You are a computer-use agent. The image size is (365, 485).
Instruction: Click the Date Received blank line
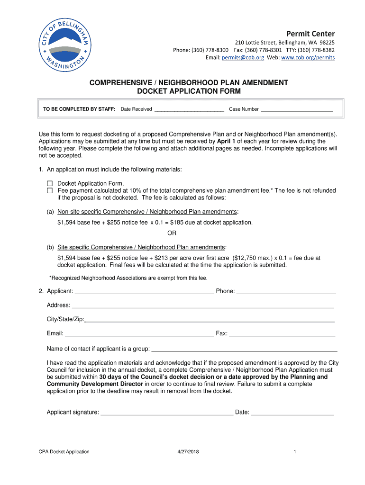click(189, 109)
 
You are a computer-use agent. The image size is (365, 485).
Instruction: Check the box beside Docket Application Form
click(50, 183)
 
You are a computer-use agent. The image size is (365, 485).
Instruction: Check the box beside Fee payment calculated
click(50, 190)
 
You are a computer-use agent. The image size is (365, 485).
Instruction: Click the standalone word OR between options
click(172, 233)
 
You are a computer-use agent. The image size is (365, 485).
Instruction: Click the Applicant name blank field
click(144, 291)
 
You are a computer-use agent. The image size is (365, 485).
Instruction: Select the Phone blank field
click(286, 291)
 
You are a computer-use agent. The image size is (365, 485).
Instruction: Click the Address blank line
click(203, 305)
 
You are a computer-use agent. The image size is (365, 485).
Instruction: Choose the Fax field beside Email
click(282, 333)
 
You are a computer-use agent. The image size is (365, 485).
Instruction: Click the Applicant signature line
click(167, 413)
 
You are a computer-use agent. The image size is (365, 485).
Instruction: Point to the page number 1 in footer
click(294, 452)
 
